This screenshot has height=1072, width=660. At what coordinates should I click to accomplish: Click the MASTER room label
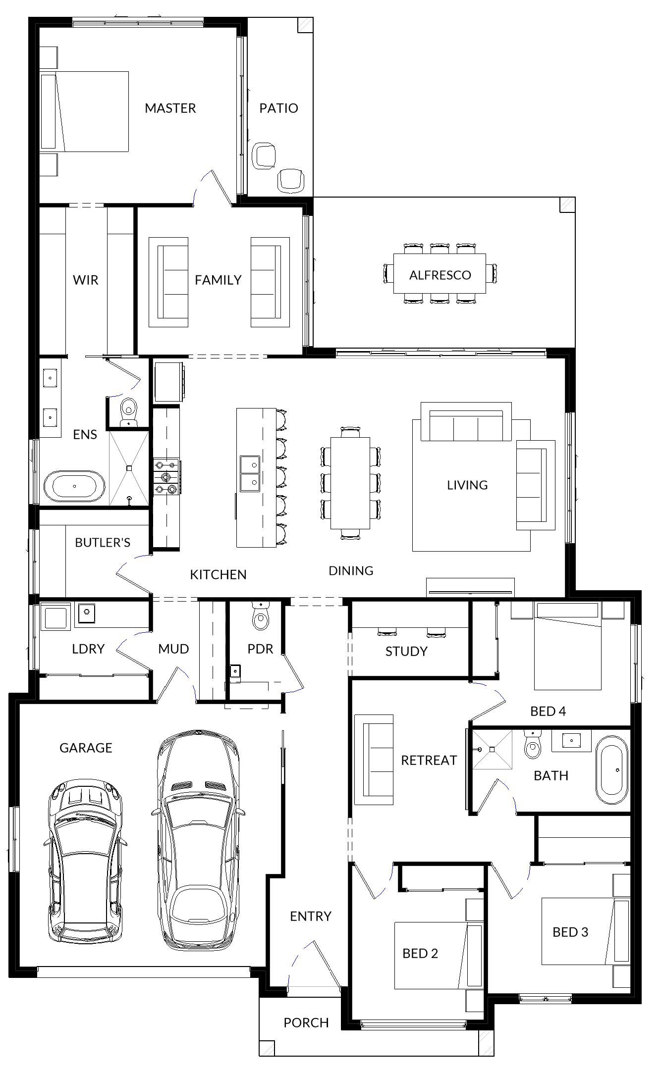(170, 108)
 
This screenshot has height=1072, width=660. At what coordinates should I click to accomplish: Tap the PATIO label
(278, 108)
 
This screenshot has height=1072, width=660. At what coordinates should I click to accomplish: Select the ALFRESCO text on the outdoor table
(440, 275)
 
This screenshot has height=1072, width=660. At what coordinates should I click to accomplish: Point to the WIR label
(86, 280)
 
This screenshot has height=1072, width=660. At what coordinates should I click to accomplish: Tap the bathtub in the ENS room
(74, 485)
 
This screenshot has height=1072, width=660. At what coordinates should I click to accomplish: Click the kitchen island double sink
(249, 473)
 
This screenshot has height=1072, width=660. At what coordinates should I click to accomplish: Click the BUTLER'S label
(103, 542)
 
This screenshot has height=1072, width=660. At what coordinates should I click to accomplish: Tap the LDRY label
(88, 649)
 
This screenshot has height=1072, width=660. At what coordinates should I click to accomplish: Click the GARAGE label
(86, 748)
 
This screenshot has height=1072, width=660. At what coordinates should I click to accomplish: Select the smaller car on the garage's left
(85, 861)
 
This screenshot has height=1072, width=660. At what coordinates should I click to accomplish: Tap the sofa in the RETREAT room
(374, 759)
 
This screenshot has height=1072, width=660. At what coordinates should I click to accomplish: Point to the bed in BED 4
(568, 646)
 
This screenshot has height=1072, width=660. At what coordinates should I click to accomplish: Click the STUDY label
(406, 651)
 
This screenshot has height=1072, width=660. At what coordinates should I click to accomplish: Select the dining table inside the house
(350, 483)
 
